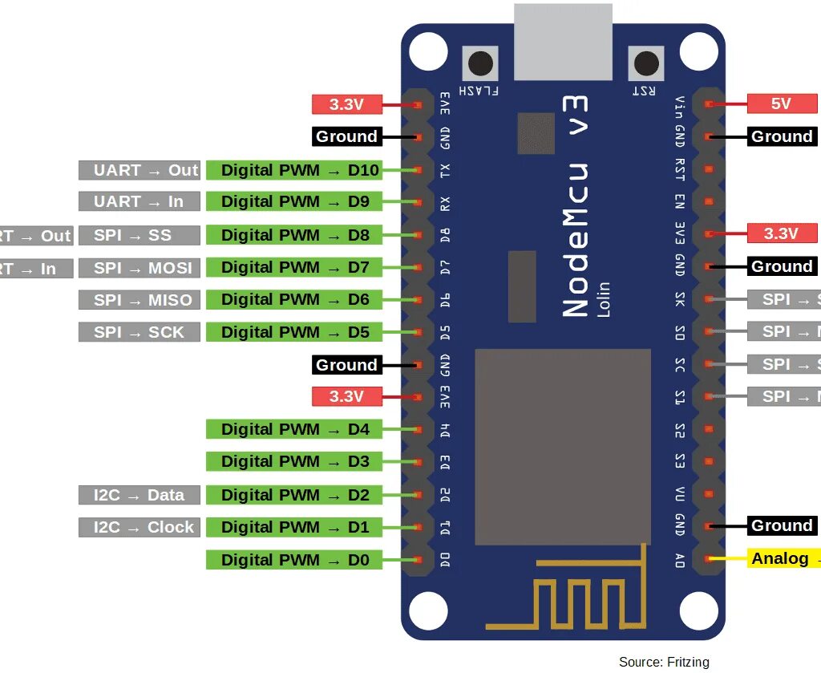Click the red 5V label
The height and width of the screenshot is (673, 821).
[x=781, y=103]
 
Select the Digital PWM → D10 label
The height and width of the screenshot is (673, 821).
[x=293, y=170]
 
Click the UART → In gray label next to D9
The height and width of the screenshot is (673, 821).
[x=138, y=201]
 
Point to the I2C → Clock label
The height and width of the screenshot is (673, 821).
[x=138, y=527]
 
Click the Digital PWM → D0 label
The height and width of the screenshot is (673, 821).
[x=293, y=560]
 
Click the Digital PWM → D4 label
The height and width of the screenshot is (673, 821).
[x=293, y=429]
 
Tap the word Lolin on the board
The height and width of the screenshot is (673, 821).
[x=603, y=299]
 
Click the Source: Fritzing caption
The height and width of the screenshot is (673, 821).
[x=664, y=662]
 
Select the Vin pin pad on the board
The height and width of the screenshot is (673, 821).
[x=709, y=104]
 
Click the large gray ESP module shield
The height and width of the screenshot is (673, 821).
[x=563, y=447]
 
